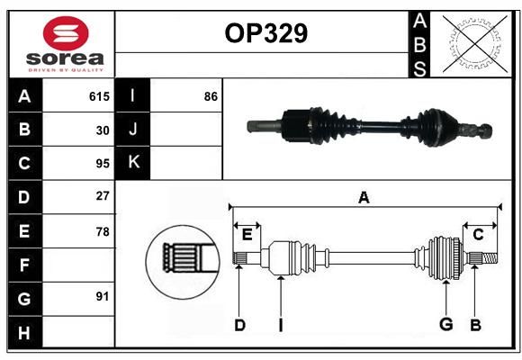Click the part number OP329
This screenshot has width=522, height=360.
point(266,33)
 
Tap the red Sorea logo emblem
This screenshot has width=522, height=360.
point(66,33)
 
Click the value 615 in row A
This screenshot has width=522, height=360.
point(99,96)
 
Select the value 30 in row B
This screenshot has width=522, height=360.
point(103,130)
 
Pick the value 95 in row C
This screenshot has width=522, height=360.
point(103,164)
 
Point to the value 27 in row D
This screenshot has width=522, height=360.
point(103,196)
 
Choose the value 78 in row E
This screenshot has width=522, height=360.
point(103,231)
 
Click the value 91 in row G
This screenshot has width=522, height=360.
point(103,296)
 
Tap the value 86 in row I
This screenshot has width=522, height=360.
point(211,96)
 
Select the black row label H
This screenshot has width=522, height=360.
point(25,332)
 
